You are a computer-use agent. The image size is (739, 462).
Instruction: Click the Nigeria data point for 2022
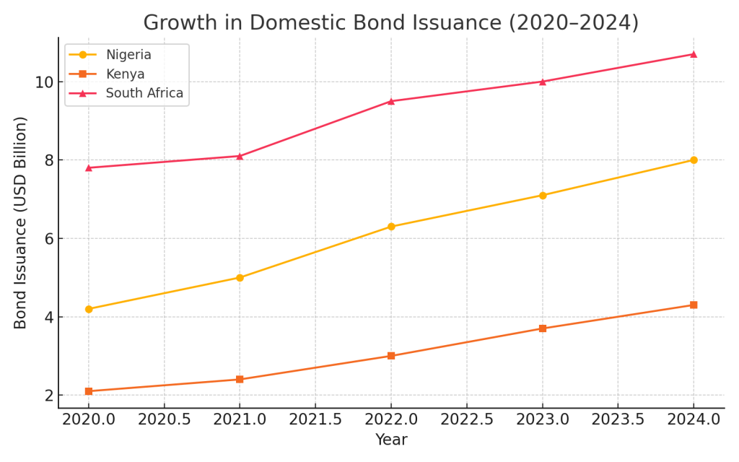pos(391,227)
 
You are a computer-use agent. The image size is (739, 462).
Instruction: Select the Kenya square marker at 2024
pos(694,305)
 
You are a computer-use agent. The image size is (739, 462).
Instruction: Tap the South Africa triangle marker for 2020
pos(89,167)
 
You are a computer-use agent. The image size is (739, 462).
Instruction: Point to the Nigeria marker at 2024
pos(694,160)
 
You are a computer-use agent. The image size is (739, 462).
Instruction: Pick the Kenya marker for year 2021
pos(240,379)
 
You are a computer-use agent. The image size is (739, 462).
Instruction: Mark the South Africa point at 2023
pos(542,82)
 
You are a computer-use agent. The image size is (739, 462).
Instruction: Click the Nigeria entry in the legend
pos(128,55)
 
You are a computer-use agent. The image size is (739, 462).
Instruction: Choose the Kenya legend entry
pos(125,74)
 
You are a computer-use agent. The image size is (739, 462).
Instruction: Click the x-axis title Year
pos(391,440)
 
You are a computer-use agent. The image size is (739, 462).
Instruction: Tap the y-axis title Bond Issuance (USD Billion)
pos(21,222)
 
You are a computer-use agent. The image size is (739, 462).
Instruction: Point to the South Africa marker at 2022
pos(391,101)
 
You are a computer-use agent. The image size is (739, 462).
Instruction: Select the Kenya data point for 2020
pos(89,391)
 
